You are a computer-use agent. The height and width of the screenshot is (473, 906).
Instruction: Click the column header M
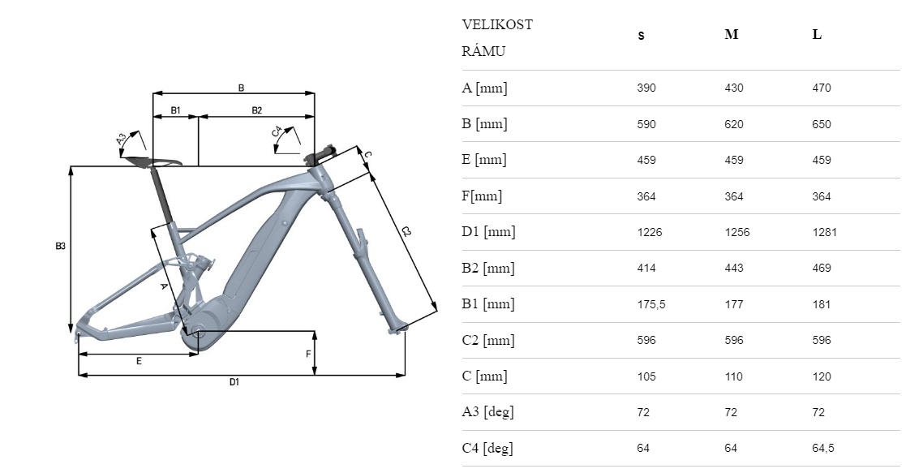[731, 36]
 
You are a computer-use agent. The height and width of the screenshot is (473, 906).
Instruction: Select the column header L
[817, 36]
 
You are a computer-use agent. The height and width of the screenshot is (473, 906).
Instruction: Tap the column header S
[641, 37]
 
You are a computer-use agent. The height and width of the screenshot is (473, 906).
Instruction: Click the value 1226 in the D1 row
[650, 232]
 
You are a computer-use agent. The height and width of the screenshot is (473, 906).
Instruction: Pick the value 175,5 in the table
[651, 304]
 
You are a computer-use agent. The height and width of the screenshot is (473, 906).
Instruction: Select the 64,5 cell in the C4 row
[824, 448]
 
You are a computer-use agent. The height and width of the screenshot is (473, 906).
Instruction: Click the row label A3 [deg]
[487, 412]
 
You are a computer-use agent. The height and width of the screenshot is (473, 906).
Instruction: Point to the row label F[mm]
[482, 196]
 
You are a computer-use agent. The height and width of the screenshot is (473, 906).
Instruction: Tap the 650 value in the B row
[822, 124]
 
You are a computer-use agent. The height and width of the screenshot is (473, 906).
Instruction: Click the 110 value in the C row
[734, 376]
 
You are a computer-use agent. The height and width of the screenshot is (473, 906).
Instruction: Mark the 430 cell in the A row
[734, 88]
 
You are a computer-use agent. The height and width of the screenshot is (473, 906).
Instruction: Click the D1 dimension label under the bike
[234, 382]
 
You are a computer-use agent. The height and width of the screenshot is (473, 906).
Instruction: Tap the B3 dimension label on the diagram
[60, 246]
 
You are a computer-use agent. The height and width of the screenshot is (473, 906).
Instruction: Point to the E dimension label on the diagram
[139, 361]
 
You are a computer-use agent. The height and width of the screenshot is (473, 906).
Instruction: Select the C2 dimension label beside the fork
[406, 233]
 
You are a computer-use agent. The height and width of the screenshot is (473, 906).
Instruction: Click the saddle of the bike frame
[166, 161]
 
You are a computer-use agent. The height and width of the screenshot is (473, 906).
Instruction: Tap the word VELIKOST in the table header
[497, 24]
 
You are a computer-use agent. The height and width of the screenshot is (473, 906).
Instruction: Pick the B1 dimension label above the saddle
[175, 110]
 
